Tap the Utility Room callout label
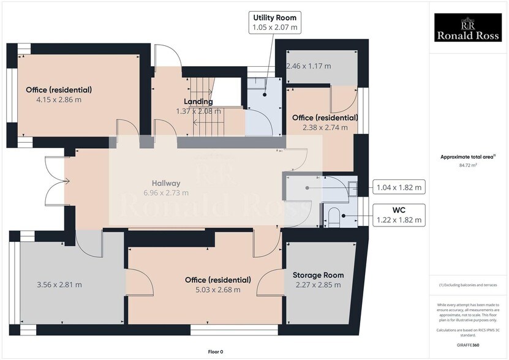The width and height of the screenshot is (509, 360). coord(275,22)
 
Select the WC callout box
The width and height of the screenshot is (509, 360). coord(399,215)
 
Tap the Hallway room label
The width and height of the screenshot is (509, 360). coord(166,183)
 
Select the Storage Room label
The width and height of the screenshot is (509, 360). coord(318,275)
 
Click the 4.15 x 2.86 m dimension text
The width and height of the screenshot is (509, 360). coord(59,99)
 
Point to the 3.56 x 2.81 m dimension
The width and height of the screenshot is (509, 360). coord(59,284)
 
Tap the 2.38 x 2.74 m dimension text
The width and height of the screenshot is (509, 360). coord(325,127)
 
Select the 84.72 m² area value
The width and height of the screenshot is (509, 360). coord(468,165)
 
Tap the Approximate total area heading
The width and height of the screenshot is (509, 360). coord(467,157)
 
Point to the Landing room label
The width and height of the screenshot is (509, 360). coord(198,102)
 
